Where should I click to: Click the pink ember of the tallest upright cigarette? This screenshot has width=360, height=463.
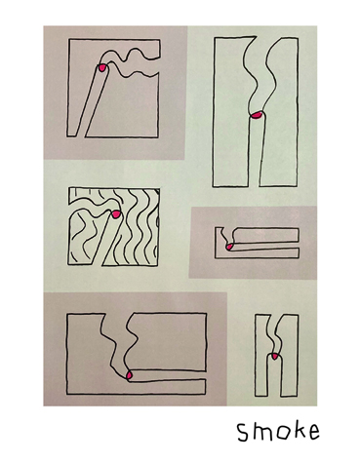tap(257, 115)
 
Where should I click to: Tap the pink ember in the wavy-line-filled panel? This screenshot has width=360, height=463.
tap(116, 214)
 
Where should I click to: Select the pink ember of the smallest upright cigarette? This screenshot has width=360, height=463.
tap(275, 357)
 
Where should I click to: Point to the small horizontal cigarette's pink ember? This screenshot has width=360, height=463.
tap(229, 247)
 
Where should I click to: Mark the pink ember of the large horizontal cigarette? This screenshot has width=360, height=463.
tap(129, 375)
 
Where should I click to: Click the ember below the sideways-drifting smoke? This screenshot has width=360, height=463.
tap(102, 67)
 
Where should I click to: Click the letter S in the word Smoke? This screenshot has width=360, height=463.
tap(243, 433)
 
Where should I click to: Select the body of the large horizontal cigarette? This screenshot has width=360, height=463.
tap(168, 375)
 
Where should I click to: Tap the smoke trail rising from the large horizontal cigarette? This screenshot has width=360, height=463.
tap(118, 344)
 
